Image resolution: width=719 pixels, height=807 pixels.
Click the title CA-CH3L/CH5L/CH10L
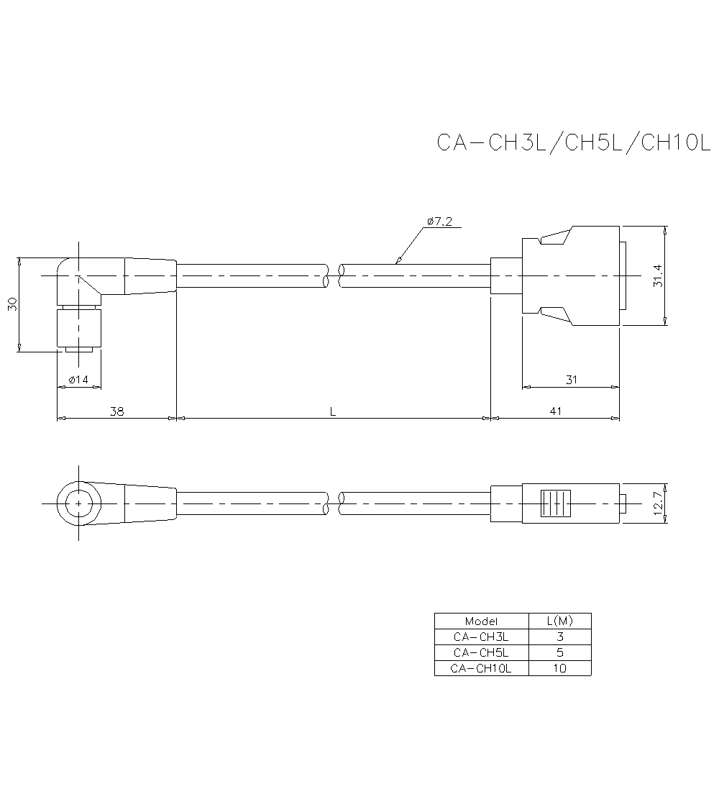pyautogui.click(x=573, y=142)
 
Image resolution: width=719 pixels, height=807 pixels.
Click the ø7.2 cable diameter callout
pyautogui.click(x=439, y=222)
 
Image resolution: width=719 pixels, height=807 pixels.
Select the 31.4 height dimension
pyautogui.click(x=657, y=275)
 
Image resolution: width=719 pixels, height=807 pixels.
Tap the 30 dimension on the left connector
pyautogui.click(x=12, y=304)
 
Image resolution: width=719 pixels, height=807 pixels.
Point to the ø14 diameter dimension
pyautogui.click(x=79, y=379)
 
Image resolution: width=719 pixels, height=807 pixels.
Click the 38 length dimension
pyautogui.click(x=116, y=411)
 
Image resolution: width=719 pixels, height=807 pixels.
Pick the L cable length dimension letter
pyautogui.click(x=333, y=411)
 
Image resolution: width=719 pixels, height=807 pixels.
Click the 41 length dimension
pyautogui.click(x=555, y=411)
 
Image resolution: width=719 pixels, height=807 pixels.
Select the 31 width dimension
pyautogui.click(x=572, y=379)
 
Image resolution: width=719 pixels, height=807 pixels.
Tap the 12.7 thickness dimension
pyautogui.click(x=657, y=502)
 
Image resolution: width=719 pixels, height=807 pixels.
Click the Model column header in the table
pyautogui.click(x=481, y=621)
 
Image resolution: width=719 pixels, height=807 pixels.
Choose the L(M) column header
pyautogui.click(x=559, y=621)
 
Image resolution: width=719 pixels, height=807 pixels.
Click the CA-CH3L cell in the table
pyautogui.click(x=481, y=637)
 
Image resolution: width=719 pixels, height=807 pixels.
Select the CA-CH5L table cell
pyautogui.click(x=481, y=652)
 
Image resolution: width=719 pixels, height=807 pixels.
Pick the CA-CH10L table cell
pyautogui.click(x=481, y=668)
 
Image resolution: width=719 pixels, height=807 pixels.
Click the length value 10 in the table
pyautogui.click(x=560, y=668)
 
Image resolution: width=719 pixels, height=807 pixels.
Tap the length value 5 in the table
pyautogui.click(x=560, y=652)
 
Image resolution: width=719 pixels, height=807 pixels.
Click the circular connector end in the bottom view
pyautogui.click(x=78, y=503)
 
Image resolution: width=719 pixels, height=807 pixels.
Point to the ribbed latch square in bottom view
pyautogui.click(x=556, y=503)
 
